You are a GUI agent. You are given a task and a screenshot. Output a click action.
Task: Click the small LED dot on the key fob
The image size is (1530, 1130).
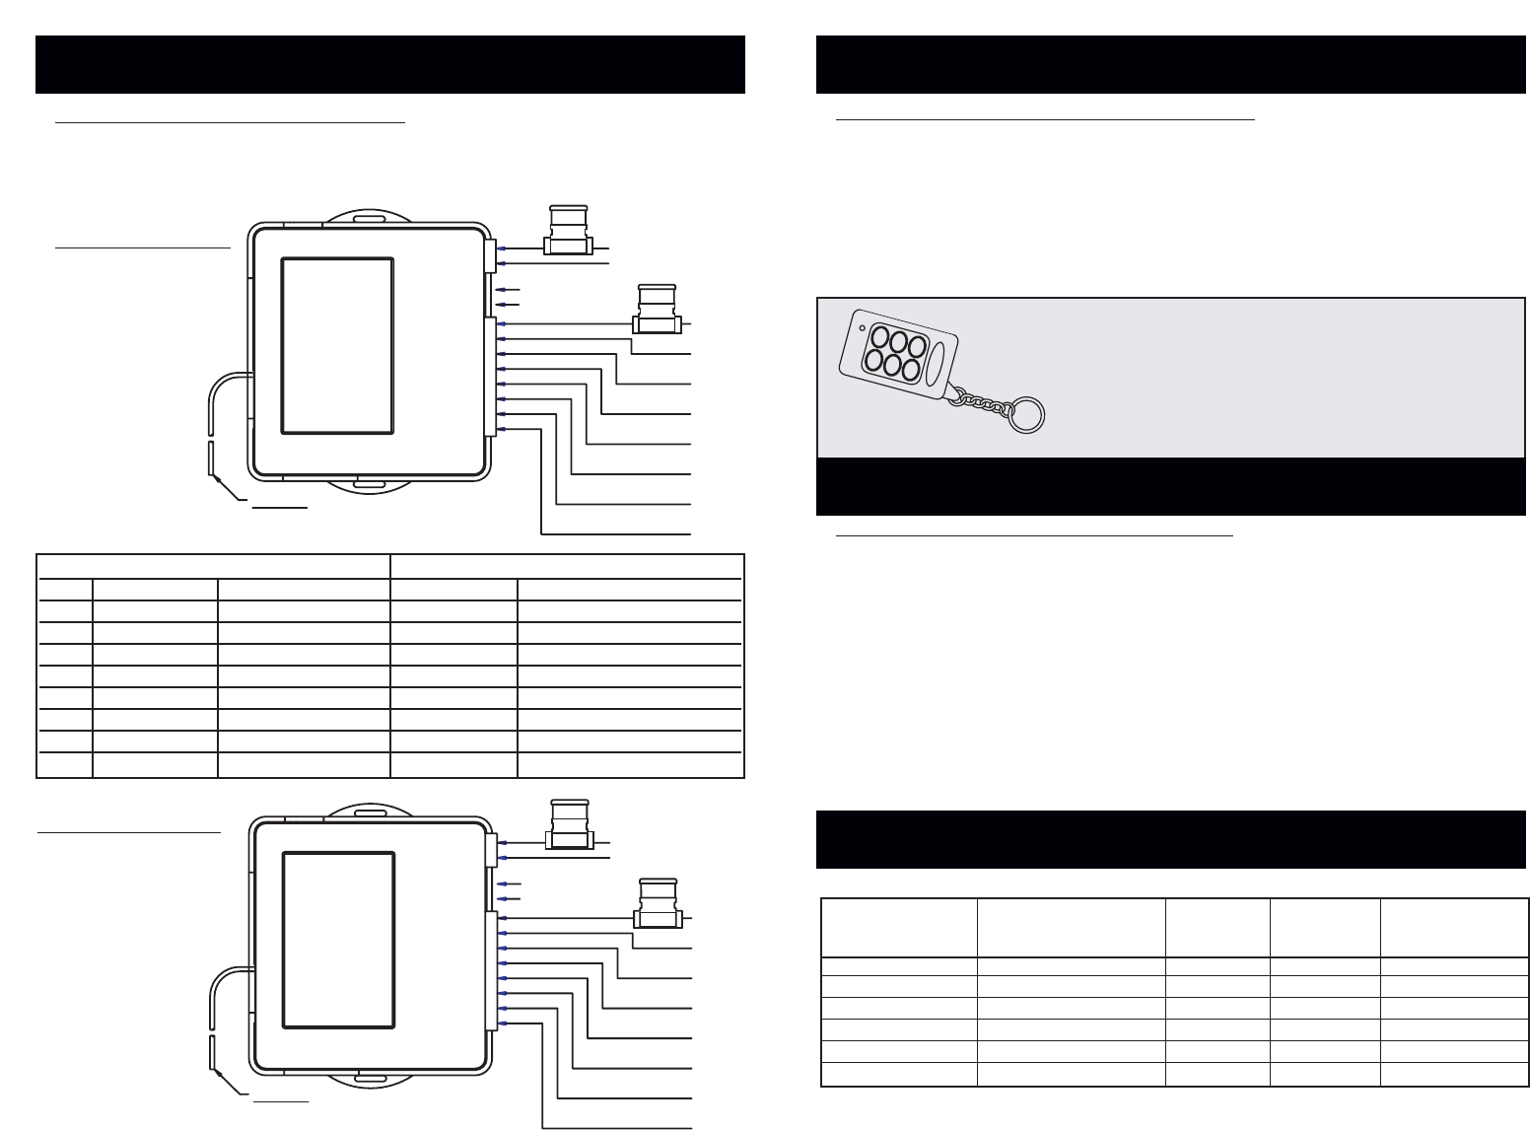coord(863,327)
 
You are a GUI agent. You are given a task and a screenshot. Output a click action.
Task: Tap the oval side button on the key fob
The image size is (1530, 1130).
coord(936,362)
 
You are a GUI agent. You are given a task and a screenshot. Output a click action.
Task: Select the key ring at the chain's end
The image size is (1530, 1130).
coord(1026,415)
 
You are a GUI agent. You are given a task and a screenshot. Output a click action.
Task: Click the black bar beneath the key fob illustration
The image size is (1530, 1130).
coord(1170,486)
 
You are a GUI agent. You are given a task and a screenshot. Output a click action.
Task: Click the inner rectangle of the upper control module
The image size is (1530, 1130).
coord(337,345)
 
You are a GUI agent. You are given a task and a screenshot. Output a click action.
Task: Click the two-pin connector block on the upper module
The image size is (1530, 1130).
coord(490,254)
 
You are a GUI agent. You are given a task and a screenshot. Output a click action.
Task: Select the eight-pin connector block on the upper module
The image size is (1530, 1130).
coord(490,377)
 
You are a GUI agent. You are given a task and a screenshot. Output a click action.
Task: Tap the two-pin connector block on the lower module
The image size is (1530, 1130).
coord(491,850)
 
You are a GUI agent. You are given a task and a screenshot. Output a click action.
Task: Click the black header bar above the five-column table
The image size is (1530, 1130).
coord(1170,840)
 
